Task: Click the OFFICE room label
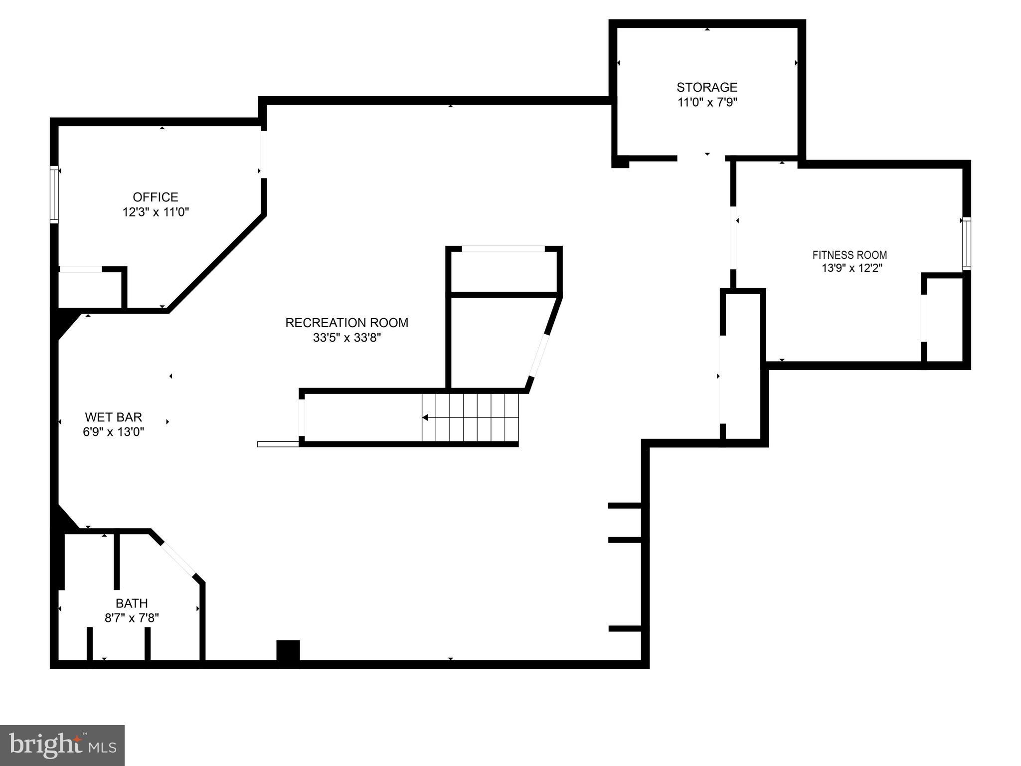[x=155, y=197]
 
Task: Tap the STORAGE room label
[x=706, y=87]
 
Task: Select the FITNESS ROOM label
[x=850, y=255]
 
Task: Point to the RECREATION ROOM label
[x=346, y=323]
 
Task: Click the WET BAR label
[x=113, y=417]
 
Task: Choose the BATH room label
[x=132, y=603]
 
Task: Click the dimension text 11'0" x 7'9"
[x=706, y=103]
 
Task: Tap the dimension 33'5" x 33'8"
[x=346, y=338]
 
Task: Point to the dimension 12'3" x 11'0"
[x=156, y=212]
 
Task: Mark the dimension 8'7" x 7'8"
[x=132, y=618]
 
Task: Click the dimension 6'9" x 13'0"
[x=113, y=432]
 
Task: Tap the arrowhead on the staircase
[x=425, y=417]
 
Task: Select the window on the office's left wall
[x=54, y=194]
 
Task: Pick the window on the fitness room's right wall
[x=966, y=244]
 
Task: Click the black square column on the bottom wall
[x=288, y=650]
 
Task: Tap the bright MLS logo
[x=62, y=745]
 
